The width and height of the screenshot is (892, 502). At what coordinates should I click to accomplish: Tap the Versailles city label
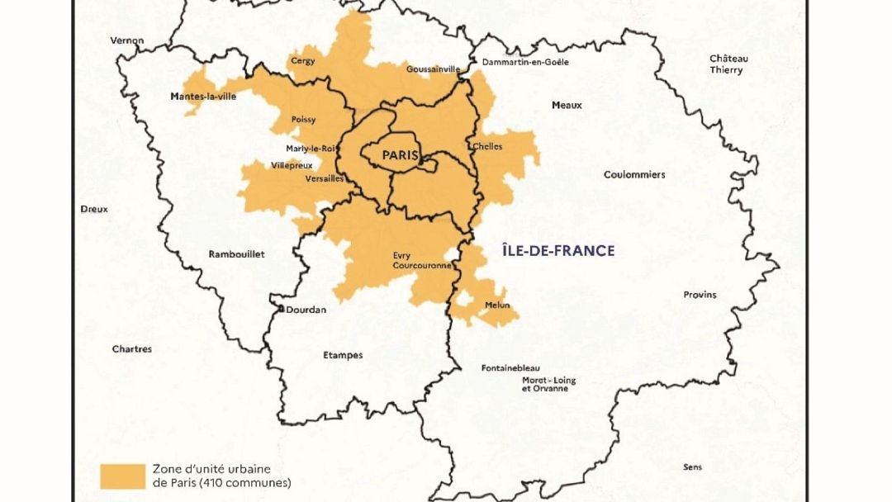click(325, 178)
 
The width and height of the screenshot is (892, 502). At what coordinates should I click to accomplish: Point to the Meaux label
click(567, 105)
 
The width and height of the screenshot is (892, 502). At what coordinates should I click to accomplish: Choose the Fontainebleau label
click(510, 367)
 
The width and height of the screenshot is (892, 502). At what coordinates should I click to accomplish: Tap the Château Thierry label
click(728, 64)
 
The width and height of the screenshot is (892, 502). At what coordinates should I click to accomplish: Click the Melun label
click(497, 305)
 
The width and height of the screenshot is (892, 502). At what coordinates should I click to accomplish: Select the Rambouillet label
click(237, 254)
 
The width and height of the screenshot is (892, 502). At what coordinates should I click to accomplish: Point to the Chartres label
click(132, 349)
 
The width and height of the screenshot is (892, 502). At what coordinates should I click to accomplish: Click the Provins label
click(700, 295)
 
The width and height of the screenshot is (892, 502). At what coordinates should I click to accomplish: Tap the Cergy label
click(303, 60)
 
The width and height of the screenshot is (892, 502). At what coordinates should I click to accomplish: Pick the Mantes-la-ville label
click(203, 97)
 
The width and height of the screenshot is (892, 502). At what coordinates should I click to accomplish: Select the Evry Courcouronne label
click(421, 261)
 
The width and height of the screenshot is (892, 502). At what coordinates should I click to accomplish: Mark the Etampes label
click(342, 355)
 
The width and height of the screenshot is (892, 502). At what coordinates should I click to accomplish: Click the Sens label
click(692, 467)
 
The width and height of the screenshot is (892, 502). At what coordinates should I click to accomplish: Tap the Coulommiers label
click(634, 175)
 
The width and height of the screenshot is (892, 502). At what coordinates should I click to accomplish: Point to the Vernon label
click(127, 40)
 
